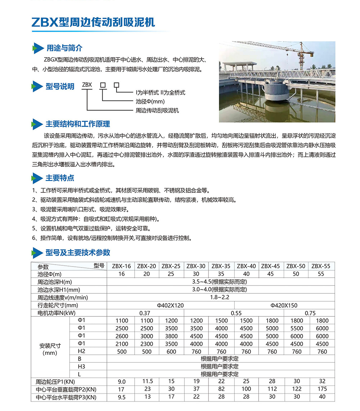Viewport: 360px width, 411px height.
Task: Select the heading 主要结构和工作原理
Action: tap(77, 124)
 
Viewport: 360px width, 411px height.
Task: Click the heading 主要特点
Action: tap(60, 178)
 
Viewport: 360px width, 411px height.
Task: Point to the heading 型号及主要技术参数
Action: tap(77, 252)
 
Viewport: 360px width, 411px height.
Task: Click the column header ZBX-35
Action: tap(221, 266)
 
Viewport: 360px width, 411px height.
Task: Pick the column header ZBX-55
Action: tap(320, 266)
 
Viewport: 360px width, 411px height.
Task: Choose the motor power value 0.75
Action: tap(310, 313)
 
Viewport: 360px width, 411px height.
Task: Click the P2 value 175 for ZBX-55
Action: tap(322, 389)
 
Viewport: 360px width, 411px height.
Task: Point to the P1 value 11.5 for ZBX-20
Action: tap(148, 381)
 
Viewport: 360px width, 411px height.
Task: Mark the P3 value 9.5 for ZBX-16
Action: tap(121, 397)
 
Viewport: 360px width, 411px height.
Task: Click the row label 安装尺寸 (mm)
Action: tap(50, 349)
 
